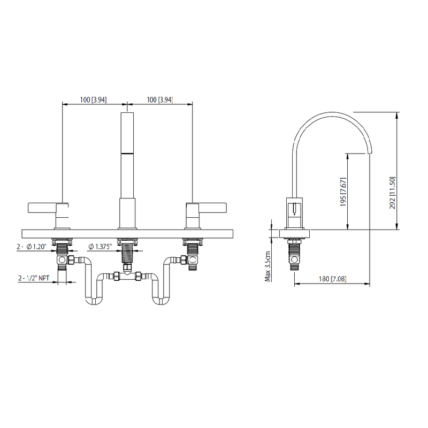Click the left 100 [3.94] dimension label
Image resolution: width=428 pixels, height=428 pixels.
[93, 100]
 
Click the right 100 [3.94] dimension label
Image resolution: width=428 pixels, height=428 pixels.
[159, 100]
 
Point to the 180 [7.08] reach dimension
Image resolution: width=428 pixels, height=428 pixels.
[332, 279]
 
